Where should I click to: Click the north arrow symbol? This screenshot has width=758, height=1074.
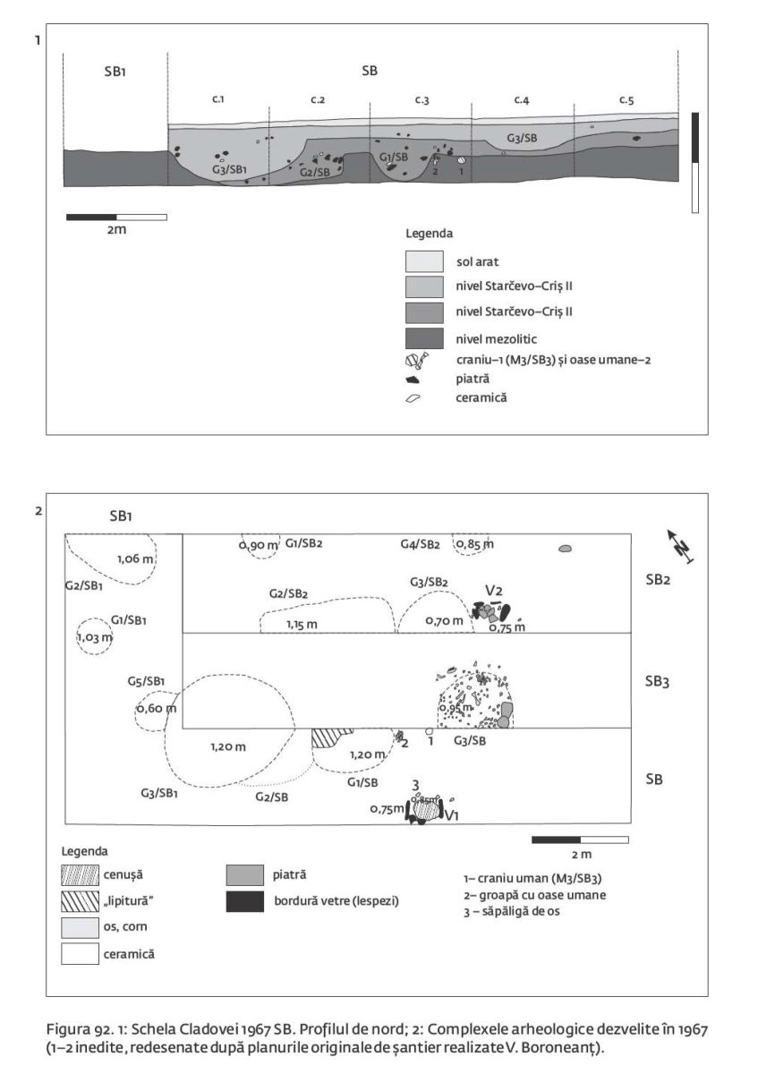coord(683,545)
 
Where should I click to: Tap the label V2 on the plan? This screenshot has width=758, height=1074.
coord(493,592)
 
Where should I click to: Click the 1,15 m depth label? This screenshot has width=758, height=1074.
coord(302,623)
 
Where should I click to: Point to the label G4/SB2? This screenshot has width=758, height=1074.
coord(419,544)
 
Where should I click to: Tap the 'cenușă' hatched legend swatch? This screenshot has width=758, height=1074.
coord(80,874)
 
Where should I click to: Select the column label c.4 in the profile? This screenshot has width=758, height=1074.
coord(522,99)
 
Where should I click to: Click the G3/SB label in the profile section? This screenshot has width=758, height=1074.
coord(522,138)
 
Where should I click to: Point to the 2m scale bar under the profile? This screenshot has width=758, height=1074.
coord(116,217)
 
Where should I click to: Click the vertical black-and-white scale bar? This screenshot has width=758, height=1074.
coord(694,162)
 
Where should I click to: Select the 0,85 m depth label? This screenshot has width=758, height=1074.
coord(474,543)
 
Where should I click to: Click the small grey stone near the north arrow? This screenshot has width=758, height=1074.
coord(565,549)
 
